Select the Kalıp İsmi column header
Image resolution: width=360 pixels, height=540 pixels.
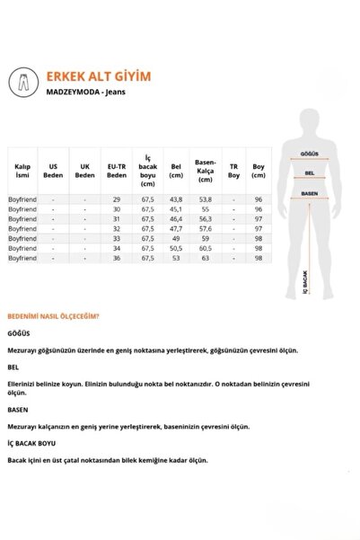22,171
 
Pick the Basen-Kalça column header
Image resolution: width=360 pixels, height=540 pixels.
204,171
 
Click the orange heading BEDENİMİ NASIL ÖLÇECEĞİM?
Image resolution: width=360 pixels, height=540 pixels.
53,316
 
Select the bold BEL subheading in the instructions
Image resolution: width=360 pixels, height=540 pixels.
13,367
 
